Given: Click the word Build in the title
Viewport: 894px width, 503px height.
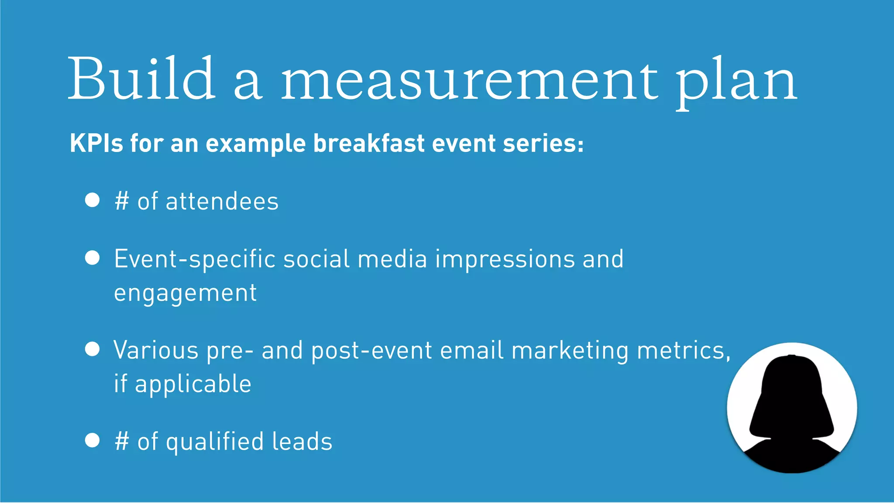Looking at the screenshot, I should (141, 79).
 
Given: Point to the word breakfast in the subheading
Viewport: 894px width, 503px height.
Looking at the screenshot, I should (369, 143).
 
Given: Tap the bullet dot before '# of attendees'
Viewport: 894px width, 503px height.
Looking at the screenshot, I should (93, 200).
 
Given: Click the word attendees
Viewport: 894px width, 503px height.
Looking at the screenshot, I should (222, 202).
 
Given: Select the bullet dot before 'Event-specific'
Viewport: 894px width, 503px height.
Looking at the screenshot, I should (93, 258).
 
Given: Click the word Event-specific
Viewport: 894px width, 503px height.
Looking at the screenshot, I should (195, 259).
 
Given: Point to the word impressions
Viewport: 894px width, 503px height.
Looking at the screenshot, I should (505, 259).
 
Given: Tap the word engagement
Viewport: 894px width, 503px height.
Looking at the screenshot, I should (185, 293).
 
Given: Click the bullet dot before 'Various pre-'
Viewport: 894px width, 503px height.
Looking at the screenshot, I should (93, 349).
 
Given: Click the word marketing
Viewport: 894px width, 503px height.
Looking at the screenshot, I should (570, 351).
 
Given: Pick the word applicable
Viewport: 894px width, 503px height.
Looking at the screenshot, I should (193, 385).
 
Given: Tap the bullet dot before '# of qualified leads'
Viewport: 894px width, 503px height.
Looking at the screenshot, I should (93, 440).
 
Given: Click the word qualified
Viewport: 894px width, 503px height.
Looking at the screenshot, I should (215, 442).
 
